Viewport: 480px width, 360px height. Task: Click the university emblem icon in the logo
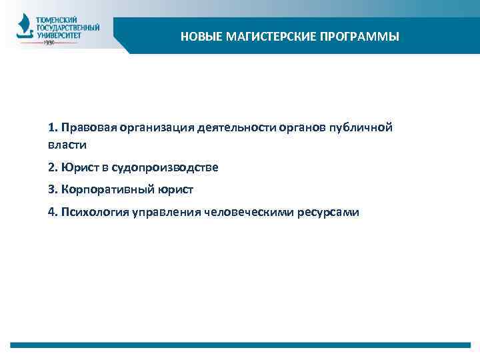click(x=25, y=29)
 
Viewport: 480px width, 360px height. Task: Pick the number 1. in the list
click(x=53, y=127)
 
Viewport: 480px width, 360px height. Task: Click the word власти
click(x=67, y=145)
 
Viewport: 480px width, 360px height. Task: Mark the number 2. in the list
click(x=53, y=167)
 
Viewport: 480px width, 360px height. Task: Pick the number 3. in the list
click(x=53, y=189)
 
